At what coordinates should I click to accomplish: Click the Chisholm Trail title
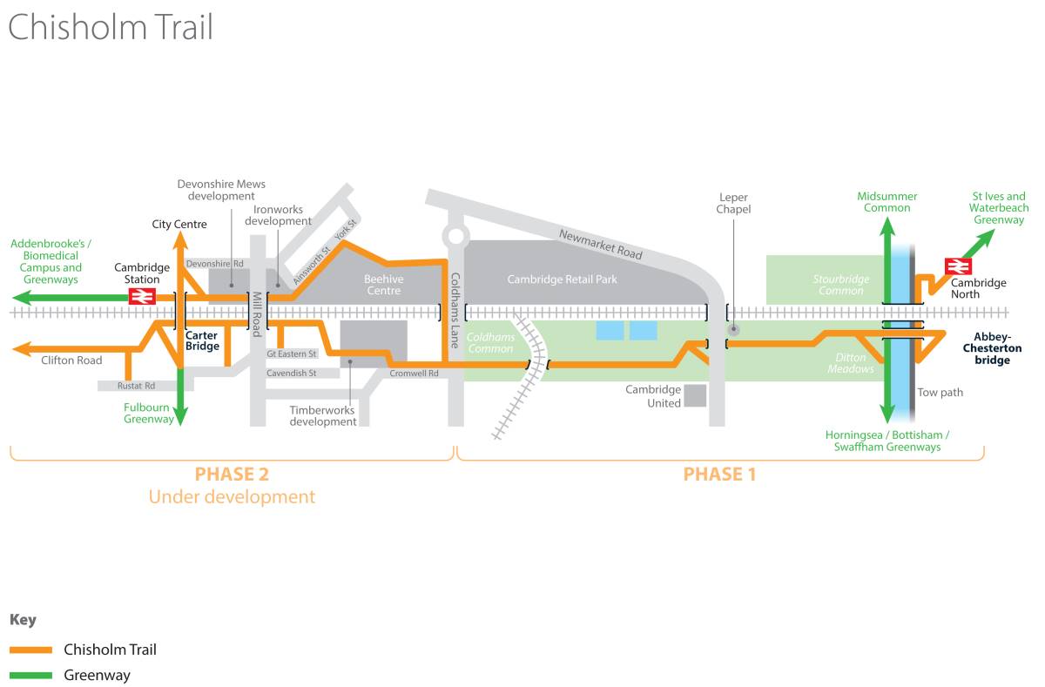point(111,27)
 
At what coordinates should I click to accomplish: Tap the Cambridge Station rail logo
point(142,297)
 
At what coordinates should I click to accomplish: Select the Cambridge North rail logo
point(958,266)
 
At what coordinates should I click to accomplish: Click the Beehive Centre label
point(383,285)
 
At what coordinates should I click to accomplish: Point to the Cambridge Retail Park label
point(563,280)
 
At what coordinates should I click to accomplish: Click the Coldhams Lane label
point(455,311)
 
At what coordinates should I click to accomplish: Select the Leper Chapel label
point(733,204)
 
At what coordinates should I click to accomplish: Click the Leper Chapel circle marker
point(733,329)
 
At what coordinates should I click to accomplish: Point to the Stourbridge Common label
point(840,285)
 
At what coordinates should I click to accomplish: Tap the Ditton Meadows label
point(851,363)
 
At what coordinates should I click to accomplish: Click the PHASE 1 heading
point(719,474)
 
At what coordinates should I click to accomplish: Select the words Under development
point(232,497)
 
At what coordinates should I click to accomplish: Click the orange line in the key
point(31,650)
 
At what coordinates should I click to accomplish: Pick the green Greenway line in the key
point(31,676)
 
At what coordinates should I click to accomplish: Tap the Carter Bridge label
point(202,340)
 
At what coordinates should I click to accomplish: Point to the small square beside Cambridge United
point(695,396)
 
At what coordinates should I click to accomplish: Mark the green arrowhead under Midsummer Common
point(887,228)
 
